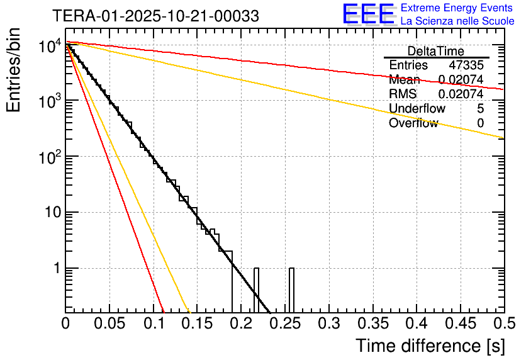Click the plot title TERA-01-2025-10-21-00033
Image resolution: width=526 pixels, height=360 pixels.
[x=155, y=16]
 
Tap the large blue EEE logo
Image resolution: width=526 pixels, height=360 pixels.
[x=368, y=14]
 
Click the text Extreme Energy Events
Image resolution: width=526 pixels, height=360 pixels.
[x=457, y=8]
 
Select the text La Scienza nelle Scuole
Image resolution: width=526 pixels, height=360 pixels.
[x=457, y=21]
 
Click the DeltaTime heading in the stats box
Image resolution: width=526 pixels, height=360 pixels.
[x=436, y=51]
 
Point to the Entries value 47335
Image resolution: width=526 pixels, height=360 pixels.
[x=466, y=65]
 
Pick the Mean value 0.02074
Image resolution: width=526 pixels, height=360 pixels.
[x=461, y=80]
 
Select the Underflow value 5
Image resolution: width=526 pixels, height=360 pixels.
[x=480, y=109]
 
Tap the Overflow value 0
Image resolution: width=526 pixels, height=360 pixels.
[x=480, y=123]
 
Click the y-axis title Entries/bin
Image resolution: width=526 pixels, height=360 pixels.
[x=14, y=70]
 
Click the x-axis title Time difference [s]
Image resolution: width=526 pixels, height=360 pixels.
[x=430, y=346]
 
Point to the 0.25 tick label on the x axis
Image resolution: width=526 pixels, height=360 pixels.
[x=284, y=324]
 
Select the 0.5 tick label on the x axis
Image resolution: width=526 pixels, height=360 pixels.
[x=503, y=324]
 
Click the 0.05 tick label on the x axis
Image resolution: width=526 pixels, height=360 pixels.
[x=109, y=324]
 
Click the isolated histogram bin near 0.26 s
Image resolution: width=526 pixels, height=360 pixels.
[x=292, y=290]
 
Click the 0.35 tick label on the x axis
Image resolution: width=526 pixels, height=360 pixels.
[x=372, y=324]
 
